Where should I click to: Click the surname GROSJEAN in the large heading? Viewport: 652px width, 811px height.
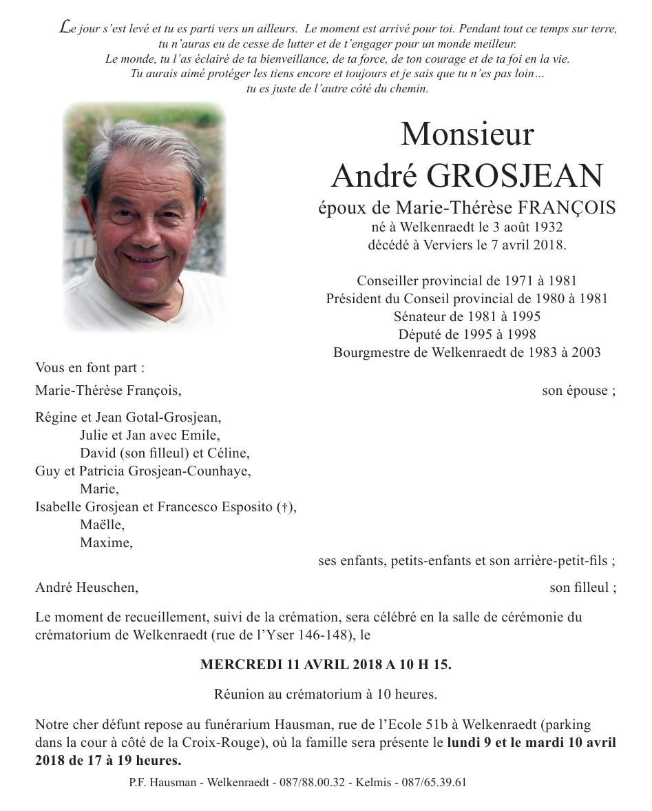[x=515, y=176]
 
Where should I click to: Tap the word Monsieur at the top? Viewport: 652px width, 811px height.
[x=467, y=134]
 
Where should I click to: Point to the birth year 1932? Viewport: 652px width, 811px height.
[x=550, y=227]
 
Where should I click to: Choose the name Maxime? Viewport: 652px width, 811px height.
[x=105, y=543]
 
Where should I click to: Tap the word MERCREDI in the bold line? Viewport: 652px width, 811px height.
[x=238, y=665]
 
